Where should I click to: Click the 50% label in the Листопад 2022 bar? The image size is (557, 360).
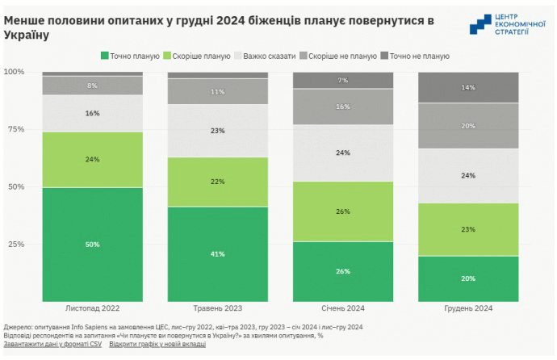[92, 244]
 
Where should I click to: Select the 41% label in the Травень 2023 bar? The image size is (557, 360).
[217, 254]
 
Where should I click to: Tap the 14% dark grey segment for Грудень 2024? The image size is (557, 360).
[468, 87]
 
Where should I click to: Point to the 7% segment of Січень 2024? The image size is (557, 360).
[343, 80]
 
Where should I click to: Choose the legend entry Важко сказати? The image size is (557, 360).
[264, 56]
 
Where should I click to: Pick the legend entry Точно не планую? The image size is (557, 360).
[419, 56]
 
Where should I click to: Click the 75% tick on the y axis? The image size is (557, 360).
[15, 129]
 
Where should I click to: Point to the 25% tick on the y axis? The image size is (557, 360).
[15, 244]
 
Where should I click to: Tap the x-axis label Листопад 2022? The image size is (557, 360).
[92, 308]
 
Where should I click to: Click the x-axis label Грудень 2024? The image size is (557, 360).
[468, 308]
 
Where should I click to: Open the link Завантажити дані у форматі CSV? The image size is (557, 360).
[52, 345]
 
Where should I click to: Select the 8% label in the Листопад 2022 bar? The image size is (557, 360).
[92, 85]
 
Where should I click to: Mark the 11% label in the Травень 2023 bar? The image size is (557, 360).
[217, 92]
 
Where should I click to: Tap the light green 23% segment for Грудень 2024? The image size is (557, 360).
[468, 229]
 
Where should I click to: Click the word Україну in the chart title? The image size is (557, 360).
[26, 36]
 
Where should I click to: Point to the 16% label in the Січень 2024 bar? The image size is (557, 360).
[343, 107]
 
